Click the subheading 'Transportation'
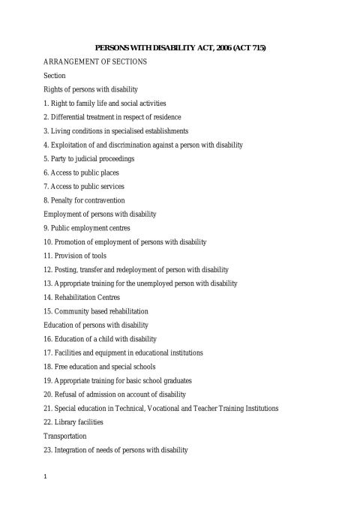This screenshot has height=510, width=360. point(65,436)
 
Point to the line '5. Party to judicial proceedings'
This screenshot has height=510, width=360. point(89,158)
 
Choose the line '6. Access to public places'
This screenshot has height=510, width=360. point(81,172)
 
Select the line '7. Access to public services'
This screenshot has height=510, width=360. point(84,186)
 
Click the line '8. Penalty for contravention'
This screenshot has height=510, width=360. point(84,200)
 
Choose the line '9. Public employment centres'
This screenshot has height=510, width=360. point(87,228)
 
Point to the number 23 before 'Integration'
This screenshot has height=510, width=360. point(47,450)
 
